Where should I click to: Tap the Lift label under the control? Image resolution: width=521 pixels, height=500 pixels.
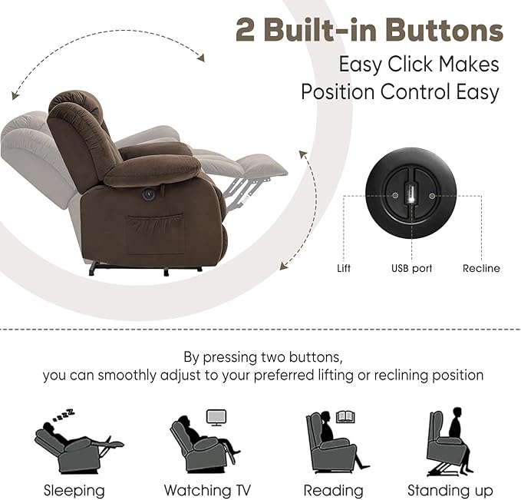344,269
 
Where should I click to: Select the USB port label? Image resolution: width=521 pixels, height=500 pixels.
411,269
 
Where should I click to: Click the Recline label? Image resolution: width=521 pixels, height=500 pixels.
481,269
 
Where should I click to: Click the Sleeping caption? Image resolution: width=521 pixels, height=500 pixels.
74,490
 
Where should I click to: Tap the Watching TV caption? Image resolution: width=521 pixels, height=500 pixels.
207,490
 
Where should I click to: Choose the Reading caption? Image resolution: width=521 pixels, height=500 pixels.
333,490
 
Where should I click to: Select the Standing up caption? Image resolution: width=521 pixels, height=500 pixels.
450,490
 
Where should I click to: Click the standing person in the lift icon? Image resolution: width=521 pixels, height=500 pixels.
456,430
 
